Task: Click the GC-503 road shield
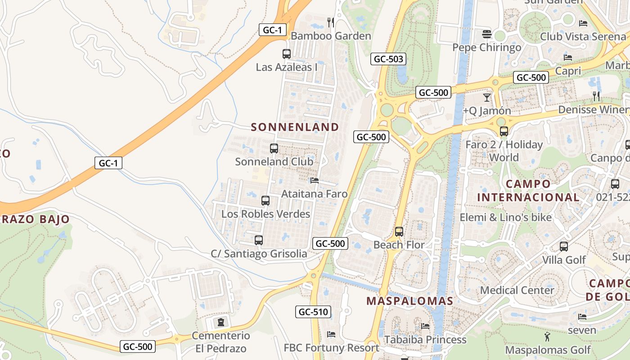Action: coord(389,59)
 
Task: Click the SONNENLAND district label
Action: coord(295,127)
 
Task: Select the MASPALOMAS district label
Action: coord(409,301)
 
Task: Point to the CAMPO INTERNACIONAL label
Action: coord(528,190)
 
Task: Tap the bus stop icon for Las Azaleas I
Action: coord(287,54)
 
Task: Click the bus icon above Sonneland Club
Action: coord(274,148)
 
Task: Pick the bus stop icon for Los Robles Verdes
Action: coord(265,201)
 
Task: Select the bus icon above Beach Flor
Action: coord(399,232)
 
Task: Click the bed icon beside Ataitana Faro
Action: coord(315,180)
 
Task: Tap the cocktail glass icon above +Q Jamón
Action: coord(487,97)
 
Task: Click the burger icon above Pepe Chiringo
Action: coord(486,34)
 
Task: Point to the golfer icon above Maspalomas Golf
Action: coord(547,337)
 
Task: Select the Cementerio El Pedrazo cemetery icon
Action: coord(221,322)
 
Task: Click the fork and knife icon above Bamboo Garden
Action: coord(331,22)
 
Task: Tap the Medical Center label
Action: coord(517,290)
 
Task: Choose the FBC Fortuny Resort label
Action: coord(331,348)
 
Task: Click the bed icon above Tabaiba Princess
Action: coord(425,326)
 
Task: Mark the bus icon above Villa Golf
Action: coord(564,247)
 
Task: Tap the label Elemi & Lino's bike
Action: coord(505,217)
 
